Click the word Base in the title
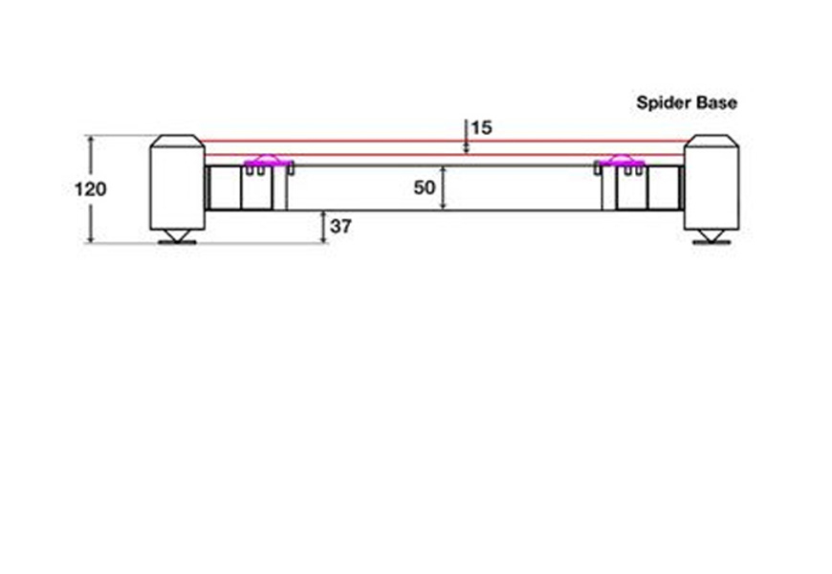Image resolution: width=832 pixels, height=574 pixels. pos(717,102)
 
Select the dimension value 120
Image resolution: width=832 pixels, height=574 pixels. pos(90,189)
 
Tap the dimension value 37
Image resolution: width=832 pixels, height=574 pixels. pos(340,227)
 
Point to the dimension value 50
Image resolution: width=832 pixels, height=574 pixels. pos(425,188)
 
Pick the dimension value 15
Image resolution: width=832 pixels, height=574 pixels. pos(482,127)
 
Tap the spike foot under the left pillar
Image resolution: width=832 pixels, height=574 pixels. pos(177,236)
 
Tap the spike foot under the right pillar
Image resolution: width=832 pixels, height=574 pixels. pos(712,236)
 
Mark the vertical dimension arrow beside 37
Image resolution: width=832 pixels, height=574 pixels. pos(323,227)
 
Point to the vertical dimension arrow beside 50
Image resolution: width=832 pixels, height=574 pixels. pos(444,188)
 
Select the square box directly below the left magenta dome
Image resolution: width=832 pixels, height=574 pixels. pos(256,188)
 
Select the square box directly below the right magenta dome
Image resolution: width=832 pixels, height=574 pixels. pos(631,188)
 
